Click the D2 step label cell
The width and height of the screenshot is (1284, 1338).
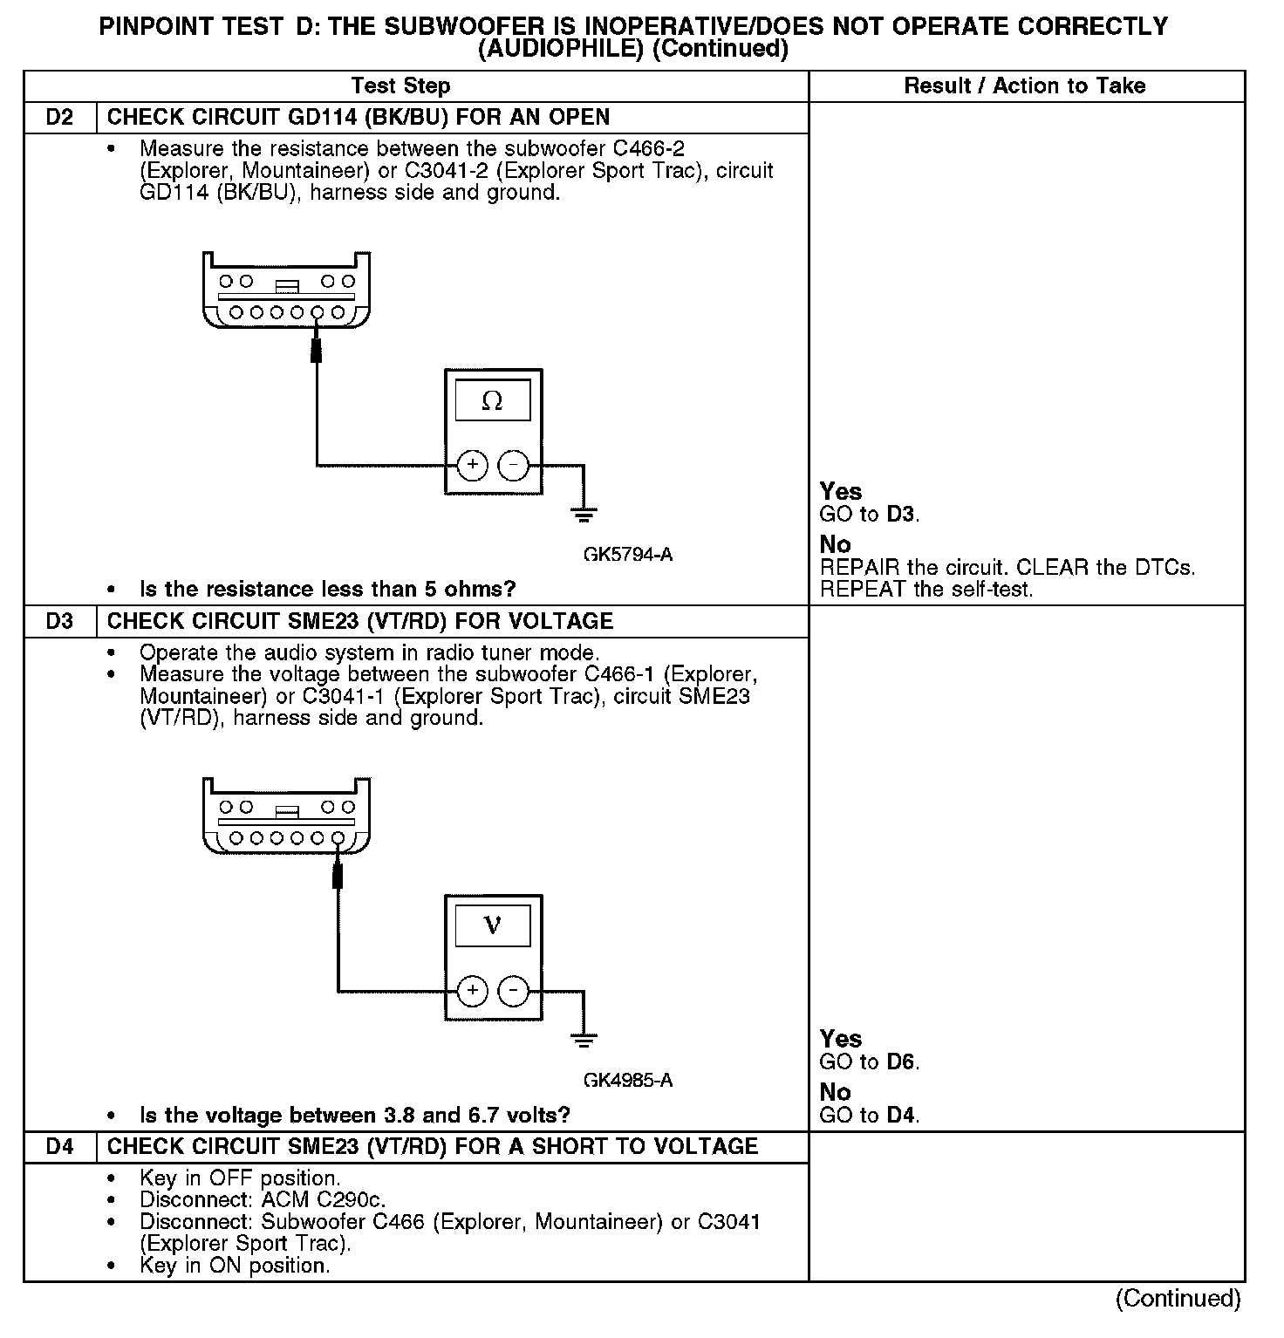point(59,118)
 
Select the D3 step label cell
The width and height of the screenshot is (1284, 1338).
point(59,622)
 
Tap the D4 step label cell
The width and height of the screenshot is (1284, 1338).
point(59,1147)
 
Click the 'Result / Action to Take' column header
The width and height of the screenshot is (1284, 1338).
point(1025,86)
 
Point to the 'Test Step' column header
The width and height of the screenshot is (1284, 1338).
point(400,86)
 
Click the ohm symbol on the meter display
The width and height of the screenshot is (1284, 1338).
point(493,401)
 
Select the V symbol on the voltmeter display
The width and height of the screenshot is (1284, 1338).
point(493,925)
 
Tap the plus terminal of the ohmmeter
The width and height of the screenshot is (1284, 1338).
point(473,465)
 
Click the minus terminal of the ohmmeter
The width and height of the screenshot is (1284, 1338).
point(513,465)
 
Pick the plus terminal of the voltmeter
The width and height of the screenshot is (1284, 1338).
point(473,990)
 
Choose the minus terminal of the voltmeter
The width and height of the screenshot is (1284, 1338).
point(513,990)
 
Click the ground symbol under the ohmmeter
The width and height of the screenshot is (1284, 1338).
point(584,515)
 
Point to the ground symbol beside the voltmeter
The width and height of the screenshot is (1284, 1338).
point(584,1040)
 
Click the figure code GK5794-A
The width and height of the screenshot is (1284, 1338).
point(627,555)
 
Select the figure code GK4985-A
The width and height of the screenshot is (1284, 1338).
point(627,1081)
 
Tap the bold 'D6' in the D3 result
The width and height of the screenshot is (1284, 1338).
point(901,1062)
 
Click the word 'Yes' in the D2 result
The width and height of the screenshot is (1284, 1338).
point(841,492)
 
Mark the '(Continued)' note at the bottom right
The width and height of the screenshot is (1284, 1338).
point(1178,1299)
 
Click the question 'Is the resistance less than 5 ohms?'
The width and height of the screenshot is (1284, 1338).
point(327,590)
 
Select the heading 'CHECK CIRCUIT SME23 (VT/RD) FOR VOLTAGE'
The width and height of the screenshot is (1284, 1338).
point(360,622)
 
